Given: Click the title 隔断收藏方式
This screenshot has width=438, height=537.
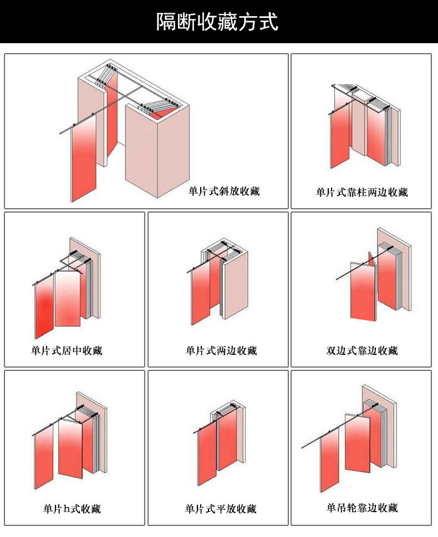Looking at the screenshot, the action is (217, 22).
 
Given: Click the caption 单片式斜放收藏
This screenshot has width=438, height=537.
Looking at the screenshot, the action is (223, 191).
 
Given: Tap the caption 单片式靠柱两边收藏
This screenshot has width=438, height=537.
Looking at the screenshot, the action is (362, 192).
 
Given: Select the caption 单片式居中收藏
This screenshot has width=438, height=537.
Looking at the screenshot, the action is (67, 350).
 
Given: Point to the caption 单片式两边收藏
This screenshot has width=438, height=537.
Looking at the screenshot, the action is (221, 350).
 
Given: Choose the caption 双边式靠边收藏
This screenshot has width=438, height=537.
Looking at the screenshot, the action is (362, 350).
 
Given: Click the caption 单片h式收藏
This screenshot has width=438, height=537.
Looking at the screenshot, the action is (72, 509).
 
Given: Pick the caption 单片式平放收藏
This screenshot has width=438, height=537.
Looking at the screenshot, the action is (221, 509).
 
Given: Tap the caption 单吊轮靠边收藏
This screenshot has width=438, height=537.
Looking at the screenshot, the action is (362, 508).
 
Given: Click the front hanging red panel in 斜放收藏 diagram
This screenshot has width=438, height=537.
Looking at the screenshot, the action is (84, 158).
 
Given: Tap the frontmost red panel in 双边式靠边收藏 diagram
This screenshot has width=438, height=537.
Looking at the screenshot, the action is (363, 291).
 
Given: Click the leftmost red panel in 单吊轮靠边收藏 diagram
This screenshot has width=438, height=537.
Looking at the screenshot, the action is (330, 459).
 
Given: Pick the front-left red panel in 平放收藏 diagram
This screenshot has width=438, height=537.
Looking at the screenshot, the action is (207, 454).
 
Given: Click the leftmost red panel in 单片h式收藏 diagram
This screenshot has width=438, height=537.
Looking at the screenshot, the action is (44, 457).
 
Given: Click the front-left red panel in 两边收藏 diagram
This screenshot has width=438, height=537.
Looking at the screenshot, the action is (201, 294).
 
